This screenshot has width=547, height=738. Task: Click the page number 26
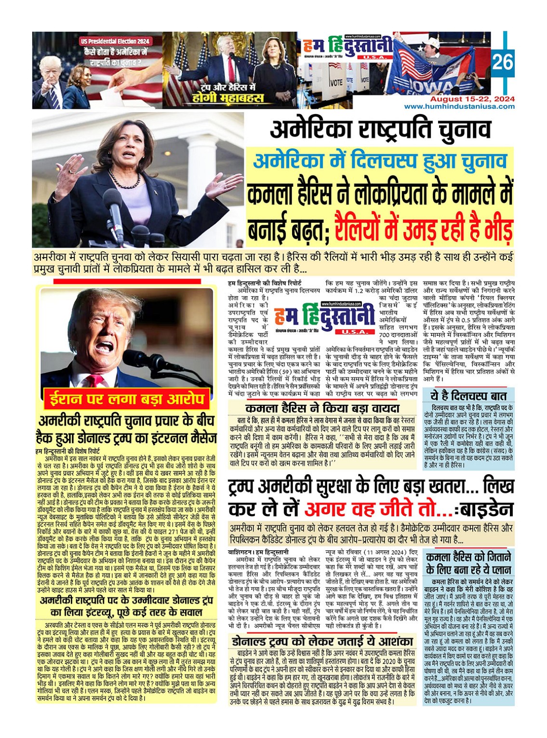(503, 63)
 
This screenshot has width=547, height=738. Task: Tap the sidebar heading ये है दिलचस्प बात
(468, 396)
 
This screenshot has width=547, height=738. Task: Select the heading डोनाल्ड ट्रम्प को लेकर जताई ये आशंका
(322, 642)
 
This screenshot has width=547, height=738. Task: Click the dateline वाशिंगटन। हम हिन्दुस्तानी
(258, 552)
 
